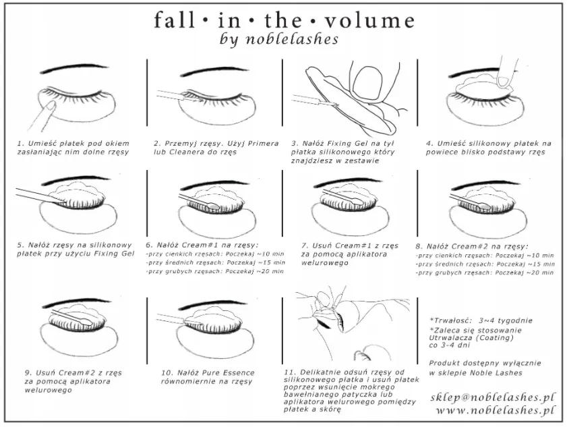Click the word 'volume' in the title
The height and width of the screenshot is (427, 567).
369,20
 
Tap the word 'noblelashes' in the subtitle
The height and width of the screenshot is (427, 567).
292,38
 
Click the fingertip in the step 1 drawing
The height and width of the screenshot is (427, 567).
49,105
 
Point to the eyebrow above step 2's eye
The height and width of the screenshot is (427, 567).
216,71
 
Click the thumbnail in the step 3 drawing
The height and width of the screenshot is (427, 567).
367,82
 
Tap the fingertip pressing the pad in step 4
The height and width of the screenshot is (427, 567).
504,80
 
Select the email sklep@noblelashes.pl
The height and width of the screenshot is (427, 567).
492,397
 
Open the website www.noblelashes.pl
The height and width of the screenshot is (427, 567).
495,410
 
